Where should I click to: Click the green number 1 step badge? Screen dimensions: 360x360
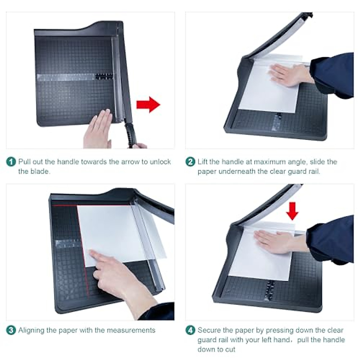pyautogui.click(x=11, y=162)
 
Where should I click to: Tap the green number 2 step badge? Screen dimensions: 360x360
pyautogui.click(x=190, y=162)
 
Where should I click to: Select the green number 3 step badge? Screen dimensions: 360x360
pyautogui.click(x=11, y=330)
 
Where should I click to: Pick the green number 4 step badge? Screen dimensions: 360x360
pyautogui.click(x=190, y=330)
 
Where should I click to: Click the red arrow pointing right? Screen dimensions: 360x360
pyautogui.click(x=148, y=105)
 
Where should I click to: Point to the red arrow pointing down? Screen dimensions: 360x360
pyautogui.click(x=292, y=211)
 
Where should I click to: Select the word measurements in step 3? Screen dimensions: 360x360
pyautogui.click(x=131, y=330)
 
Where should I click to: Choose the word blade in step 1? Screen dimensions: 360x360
pyautogui.click(x=40, y=171)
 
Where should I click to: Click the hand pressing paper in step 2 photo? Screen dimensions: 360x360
pyautogui.click(x=285, y=74)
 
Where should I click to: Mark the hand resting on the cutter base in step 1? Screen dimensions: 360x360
pyautogui.click(x=97, y=129)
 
